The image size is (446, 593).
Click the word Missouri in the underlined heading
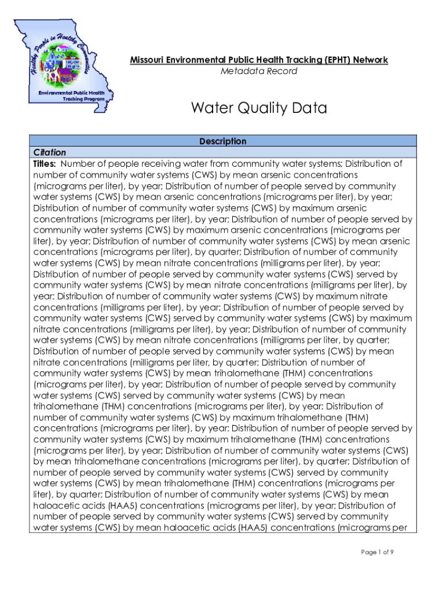point(147,60)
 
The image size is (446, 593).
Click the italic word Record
point(280,71)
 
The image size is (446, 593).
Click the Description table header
point(223,141)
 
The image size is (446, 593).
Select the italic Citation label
point(50,152)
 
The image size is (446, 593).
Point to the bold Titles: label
point(45,164)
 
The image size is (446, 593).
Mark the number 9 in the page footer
point(392,552)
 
